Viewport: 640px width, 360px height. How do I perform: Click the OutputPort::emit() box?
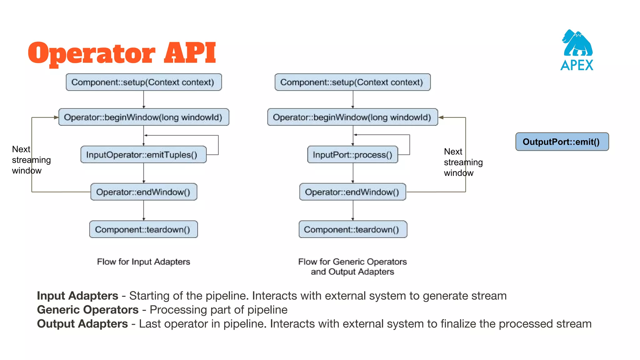click(x=562, y=142)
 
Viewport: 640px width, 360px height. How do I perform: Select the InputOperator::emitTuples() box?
click(x=143, y=155)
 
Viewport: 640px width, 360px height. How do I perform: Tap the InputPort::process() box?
click(x=352, y=155)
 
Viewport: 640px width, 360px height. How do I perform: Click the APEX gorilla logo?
click(x=577, y=50)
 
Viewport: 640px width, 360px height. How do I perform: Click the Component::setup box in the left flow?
click(x=144, y=82)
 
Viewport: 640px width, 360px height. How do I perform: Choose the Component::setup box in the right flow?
click(x=352, y=82)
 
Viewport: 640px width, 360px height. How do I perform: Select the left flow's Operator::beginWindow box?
click(x=144, y=117)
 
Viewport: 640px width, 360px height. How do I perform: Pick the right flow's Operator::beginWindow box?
click(x=352, y=117)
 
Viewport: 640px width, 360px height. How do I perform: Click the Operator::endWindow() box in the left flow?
click(x=144, y=192)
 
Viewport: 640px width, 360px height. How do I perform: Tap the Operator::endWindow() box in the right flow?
click(x=352, y=192)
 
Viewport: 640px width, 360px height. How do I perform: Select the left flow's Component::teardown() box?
click(x=143, y=229)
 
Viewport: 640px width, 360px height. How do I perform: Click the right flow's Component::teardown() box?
click(x=353, y=229)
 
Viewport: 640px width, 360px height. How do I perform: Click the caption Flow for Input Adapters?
click(x=143, y=262)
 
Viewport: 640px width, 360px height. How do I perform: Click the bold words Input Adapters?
click(x=77, y=296)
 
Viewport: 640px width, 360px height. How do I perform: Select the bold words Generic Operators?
click(x=87, y=310)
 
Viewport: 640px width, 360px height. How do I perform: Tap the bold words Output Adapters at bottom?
click(x=82, y=324)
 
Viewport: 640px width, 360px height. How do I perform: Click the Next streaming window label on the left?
click(x=31, y=160)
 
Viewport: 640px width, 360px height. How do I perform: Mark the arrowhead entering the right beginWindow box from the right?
click(x=441, y=117)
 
